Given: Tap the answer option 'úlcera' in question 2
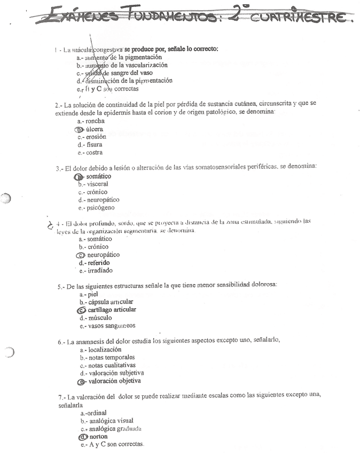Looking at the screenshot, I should coord(94,129).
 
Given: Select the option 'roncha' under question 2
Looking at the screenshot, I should coord(95,121).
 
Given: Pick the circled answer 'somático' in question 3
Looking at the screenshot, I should coord(98,176).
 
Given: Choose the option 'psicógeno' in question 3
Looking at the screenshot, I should coord(99,208).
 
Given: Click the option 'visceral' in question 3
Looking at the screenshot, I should coord(97,184).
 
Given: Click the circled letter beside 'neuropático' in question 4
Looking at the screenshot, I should coord(81,255).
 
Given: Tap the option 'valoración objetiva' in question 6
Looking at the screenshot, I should coord(114,381).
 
